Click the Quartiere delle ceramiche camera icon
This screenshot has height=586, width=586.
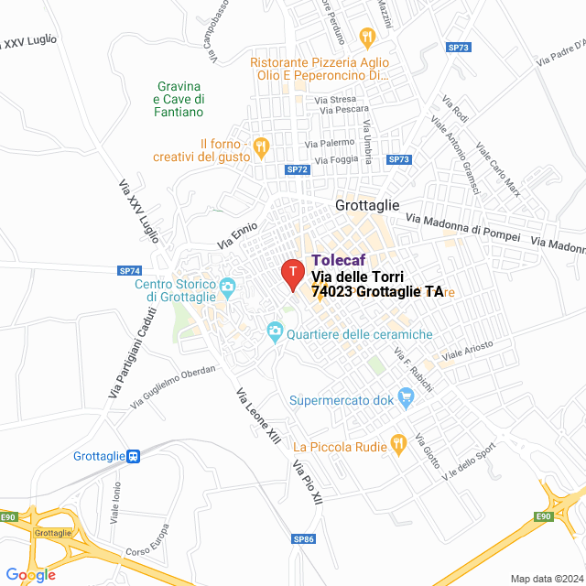click(x=274, y=331)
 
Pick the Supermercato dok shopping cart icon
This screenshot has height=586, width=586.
click(x=407, y=396)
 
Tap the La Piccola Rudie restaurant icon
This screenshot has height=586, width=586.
click(x=397, y=444)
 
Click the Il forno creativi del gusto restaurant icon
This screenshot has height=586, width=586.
click(x=262, y=144)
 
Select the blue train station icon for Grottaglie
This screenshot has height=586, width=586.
click(x=134, y=455)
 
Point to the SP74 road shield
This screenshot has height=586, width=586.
click(x=130, y=270)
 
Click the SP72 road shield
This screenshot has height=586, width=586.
click(x=298, y=169)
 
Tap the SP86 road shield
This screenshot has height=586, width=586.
click(x=304, y=538)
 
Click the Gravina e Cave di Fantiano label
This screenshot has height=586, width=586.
click(x=179, y=98)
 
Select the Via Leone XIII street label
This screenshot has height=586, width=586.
click(x=257, y=418)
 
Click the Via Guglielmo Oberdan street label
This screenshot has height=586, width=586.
click(x=173, y=385)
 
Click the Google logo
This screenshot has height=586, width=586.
click(x=29, y=574)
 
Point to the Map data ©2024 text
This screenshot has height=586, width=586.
click(x=546, y=579)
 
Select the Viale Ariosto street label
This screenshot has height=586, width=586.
click(x=467, y=348)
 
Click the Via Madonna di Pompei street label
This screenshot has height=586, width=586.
click(x=462, y=223)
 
